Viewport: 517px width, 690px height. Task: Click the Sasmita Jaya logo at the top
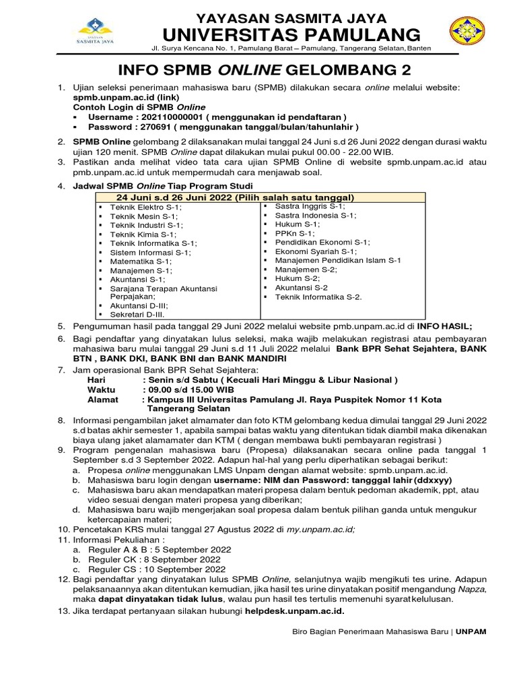96,33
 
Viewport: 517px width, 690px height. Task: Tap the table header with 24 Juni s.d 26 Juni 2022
235,197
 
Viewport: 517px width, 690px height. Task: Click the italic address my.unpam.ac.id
318,530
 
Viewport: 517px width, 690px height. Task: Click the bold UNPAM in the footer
472,631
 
